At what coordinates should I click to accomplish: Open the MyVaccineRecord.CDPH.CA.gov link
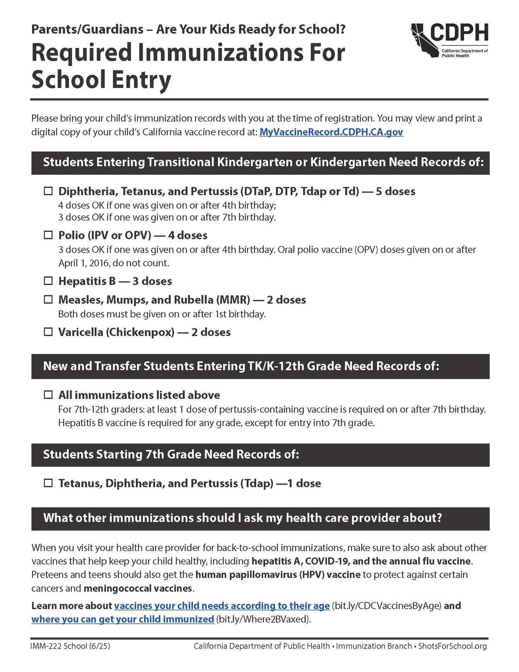[x=331, y=132]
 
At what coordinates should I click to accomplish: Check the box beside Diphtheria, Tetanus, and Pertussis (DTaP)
[x=48, y=191]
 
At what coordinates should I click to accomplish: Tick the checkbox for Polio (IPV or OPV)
[x=48, y=235]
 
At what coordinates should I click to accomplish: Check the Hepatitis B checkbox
[x=48, y=281]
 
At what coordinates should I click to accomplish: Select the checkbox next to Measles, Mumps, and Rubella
[x=48, y=300]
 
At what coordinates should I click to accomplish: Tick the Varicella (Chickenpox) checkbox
[x=48, y=332]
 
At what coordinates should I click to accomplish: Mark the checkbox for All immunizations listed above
[x=48, y=395]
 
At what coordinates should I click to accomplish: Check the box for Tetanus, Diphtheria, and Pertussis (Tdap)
[x=48, y=483]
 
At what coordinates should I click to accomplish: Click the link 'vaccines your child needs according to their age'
[x=222, y=606]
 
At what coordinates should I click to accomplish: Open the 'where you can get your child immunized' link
[x=122, y=619]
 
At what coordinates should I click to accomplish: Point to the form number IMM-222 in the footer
[x=46, y=646]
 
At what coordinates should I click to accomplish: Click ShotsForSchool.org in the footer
[x=452, y=646]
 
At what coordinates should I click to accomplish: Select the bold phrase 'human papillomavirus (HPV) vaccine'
[x=278, y=575]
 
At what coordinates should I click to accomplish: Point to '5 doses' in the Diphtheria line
[x=395, y=191]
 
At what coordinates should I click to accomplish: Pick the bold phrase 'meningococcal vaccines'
[x=138, y=588]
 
